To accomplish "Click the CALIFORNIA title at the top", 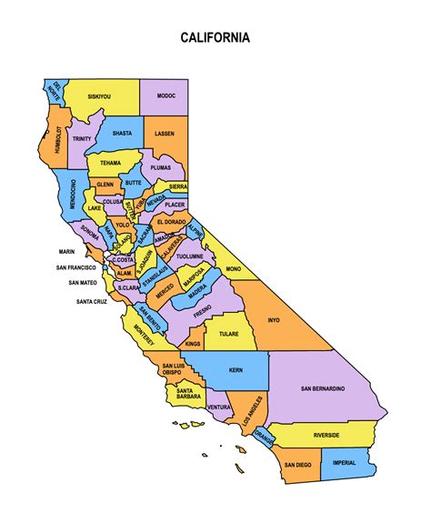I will point(215,38).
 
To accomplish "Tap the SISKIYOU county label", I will point(100,96).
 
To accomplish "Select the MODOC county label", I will point(165,96).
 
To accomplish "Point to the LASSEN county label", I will point(165,133).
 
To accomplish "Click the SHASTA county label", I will point(122,133).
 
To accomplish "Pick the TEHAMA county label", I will point(110,163).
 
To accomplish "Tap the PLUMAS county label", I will point(161,167).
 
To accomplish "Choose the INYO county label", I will point(274,320).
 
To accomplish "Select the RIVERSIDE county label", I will point(326,436).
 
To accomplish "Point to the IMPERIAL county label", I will point(344,463).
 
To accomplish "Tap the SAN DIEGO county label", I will point(297,465).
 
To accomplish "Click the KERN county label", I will point(236,371).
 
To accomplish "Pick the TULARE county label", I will point(229,334).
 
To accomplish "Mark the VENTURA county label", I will point(219,407).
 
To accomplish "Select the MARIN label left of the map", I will point(66,252).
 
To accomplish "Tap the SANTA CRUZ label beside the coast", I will point(93,301).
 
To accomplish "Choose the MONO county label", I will point(233,269).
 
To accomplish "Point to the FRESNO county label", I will point(202,309).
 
